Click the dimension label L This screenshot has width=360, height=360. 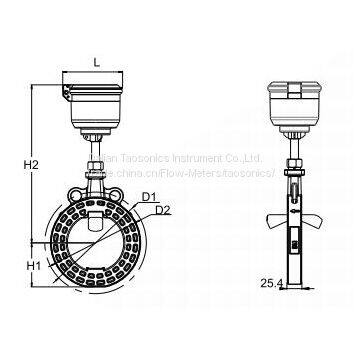(x=96, y=62)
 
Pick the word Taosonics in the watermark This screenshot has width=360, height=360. (x=142, y=158)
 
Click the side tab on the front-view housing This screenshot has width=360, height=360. (x=63, y=94)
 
